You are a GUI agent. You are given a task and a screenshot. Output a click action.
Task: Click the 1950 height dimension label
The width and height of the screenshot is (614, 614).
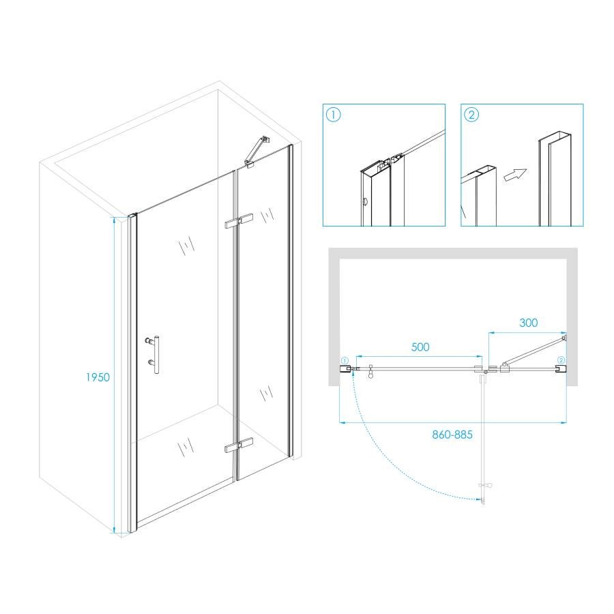point(98,377)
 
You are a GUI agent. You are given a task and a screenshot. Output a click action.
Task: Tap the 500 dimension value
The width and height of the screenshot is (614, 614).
point(420,347)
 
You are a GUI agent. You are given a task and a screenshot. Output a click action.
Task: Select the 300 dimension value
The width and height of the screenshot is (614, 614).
point(529,323)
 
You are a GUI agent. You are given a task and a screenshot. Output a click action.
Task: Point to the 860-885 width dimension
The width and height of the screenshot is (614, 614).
point(453,434)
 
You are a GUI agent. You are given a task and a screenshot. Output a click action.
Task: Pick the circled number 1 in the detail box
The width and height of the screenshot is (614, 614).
point(334,115)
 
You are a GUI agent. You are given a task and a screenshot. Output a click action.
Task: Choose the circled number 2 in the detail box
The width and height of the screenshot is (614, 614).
point(471,115)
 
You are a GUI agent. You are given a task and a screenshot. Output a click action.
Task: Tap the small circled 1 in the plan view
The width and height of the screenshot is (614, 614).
point(344,360)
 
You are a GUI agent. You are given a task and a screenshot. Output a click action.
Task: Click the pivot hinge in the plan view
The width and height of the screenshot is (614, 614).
point(486,370)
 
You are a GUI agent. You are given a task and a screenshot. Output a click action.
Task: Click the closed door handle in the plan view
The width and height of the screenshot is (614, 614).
point(370,372)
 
